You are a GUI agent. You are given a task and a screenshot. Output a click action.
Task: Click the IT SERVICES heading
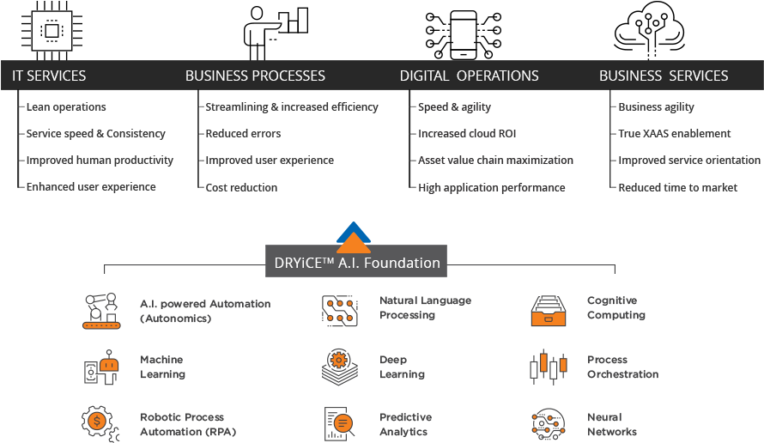click(x=49, y=76)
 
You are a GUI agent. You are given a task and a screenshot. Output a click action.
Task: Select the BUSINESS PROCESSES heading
click(x=255, y=76)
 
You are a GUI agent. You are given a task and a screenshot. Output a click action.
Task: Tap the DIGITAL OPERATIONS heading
click(x=469, y=76)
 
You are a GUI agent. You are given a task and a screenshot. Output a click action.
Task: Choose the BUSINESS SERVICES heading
click(x=664, y=76)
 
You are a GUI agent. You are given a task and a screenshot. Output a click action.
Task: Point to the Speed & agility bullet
click(x=454, y=107)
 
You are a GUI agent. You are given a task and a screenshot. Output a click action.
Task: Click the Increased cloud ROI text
click(x=467, y=134)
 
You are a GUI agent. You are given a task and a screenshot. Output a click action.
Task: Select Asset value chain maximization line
click(x=495, y=161)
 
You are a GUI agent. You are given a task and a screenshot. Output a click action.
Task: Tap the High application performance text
click(x=491, y=187)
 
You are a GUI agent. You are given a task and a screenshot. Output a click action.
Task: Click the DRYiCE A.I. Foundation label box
click(x=356, y=263)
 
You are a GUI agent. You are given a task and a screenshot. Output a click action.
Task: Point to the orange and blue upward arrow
click(x=353, y=236)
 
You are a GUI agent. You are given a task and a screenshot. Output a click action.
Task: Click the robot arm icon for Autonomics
click(x=102, y=311)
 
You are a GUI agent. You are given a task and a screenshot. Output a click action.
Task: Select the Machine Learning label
click(x=162, y=367)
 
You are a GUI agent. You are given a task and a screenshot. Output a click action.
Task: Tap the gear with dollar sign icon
click(x=100, y=423)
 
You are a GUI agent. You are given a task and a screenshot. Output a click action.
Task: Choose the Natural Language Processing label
click(x=425, y=308)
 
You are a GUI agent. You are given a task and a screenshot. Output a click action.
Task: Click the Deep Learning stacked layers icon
click(x=339, y=367)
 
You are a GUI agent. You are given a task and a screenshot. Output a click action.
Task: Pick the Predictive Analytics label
click(x=405, y=424)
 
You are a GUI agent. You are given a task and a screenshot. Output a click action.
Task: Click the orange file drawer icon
click(x=548, y=311)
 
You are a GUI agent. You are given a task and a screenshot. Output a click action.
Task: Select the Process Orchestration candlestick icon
click(x=548, y=367)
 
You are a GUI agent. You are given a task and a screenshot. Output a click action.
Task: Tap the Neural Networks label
click(x=611, y=424)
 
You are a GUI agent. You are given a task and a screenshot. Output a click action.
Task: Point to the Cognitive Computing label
click(x=615, y=308)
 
